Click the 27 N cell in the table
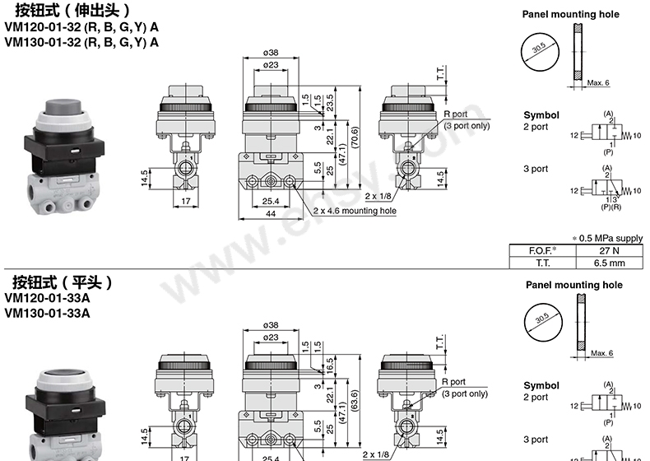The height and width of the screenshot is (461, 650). click(x=609, y=250)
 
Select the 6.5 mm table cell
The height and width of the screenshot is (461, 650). click(x=609, y=263)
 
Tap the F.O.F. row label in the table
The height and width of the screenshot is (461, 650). click(x=543, y=250)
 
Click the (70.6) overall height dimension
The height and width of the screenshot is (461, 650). click(x=355, y=137)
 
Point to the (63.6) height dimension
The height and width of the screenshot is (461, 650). click(x=355, y=400)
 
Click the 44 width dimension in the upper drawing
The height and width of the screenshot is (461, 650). click(x=270, y=214)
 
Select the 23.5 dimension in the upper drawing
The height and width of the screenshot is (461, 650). click(x=330, y=103)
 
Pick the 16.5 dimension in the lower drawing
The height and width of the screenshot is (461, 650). click(x=330, y=366)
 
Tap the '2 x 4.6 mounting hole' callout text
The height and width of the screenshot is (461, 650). click(x=355, y=211)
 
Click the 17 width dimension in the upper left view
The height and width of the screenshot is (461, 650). click(x=186, y=201)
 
